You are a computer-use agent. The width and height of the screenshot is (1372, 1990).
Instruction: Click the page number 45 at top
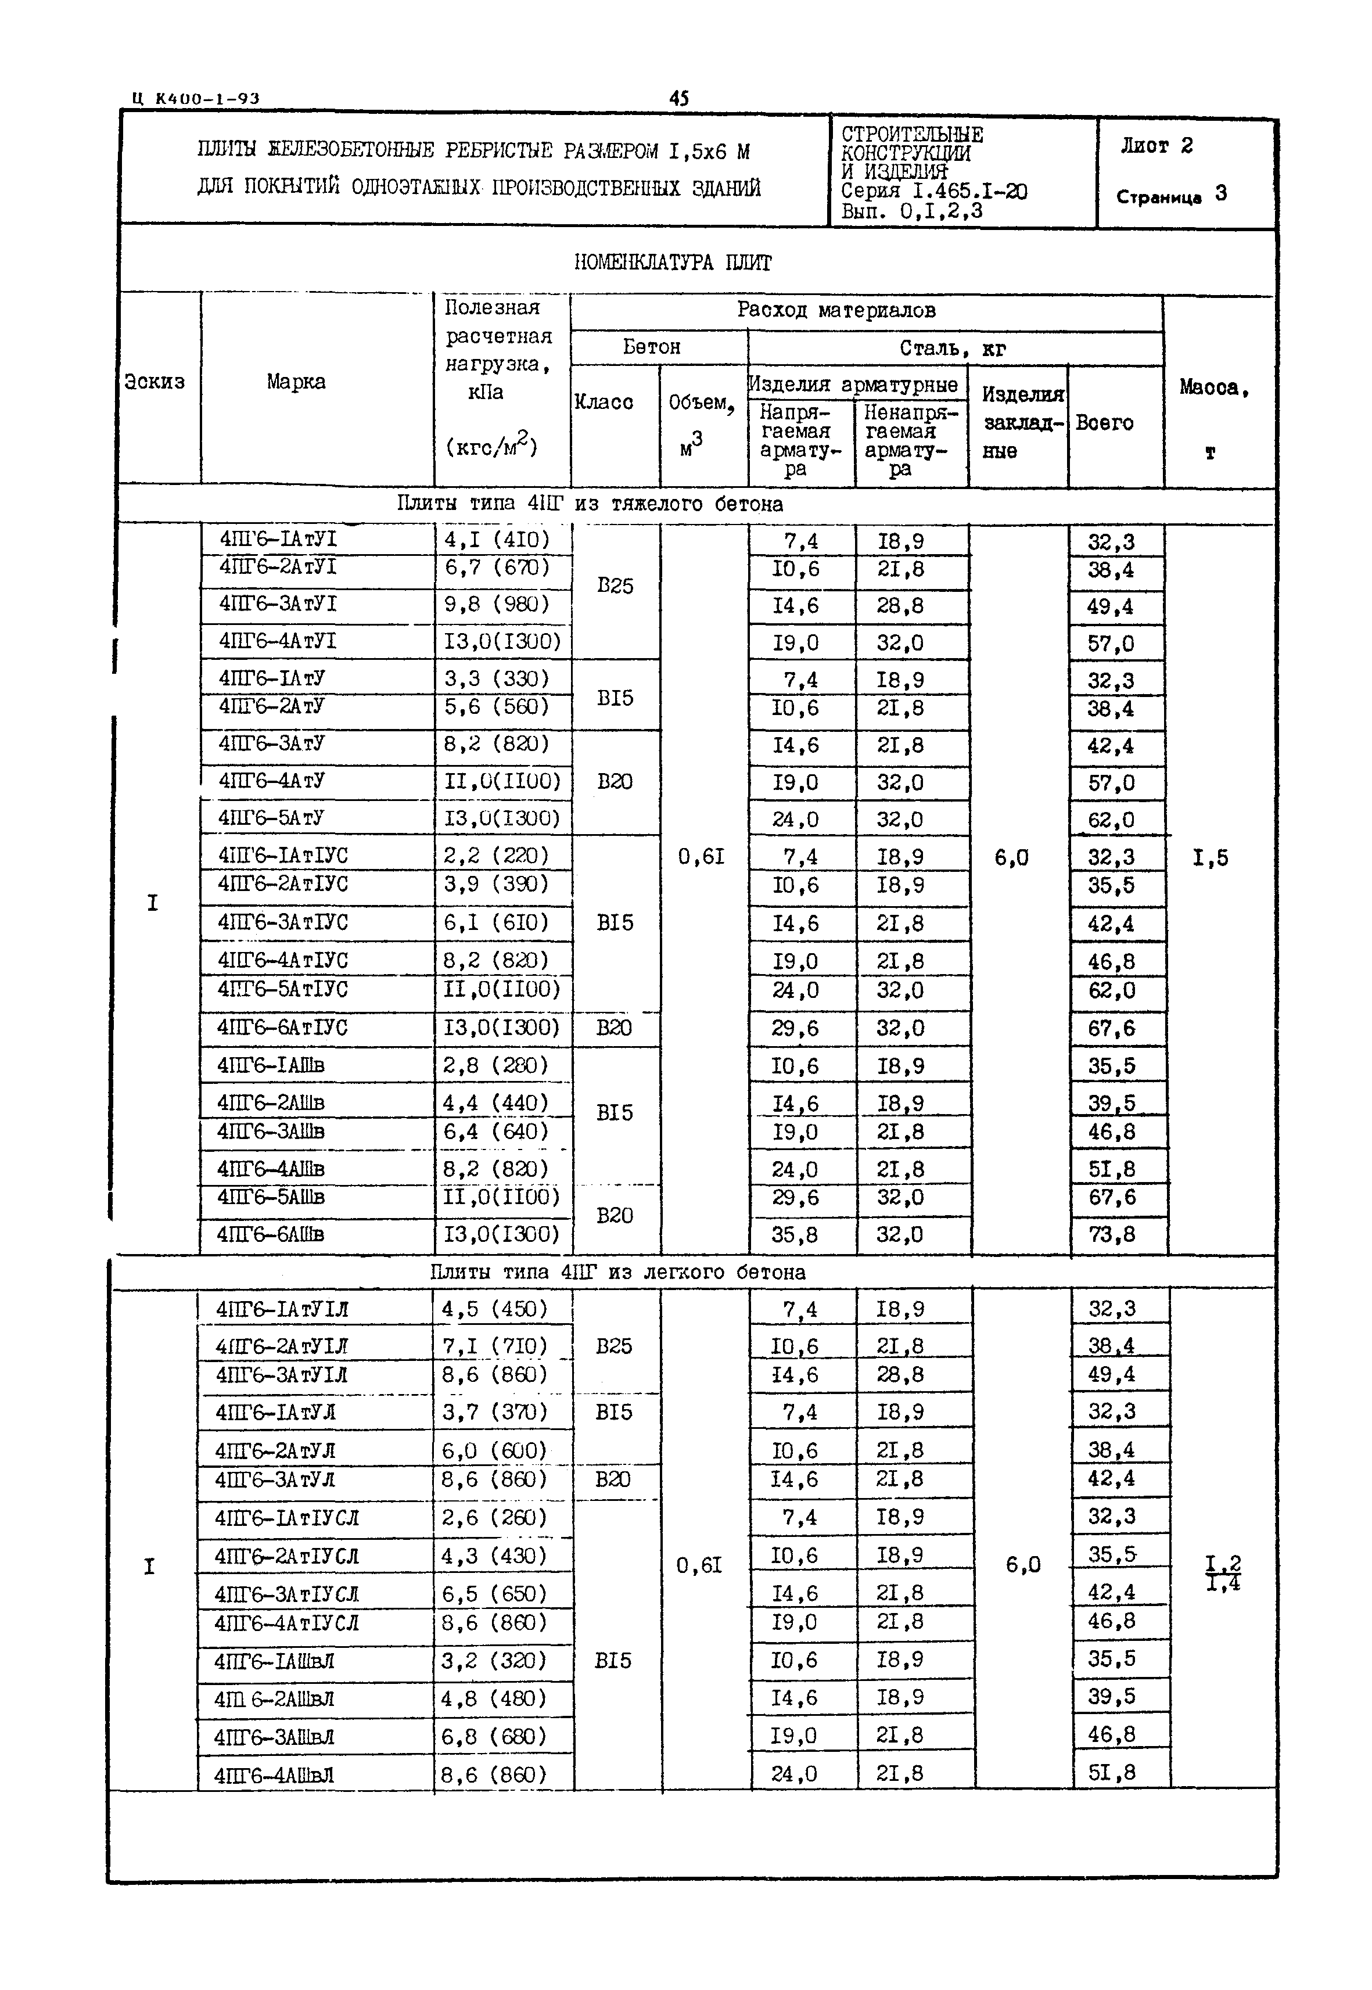tap(678, 98)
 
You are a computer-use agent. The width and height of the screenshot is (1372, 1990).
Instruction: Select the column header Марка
tap(296, 382)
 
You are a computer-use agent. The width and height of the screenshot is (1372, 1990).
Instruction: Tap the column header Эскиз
tap(155, 382)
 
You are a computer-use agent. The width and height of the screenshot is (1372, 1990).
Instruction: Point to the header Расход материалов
tap(836, 310)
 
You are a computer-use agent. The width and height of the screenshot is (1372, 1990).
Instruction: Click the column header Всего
tap(1105, 423)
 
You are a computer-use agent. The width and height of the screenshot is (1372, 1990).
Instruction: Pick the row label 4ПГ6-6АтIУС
tap(283, 1028)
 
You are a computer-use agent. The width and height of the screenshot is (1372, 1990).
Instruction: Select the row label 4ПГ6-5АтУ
tap(272, 817)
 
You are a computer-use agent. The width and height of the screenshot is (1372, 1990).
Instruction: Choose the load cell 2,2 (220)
tap(497, 856)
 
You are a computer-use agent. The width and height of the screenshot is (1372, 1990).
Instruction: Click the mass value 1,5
tap(1211, 858)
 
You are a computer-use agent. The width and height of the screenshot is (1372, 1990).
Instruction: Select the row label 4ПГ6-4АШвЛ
tap(274, 1775)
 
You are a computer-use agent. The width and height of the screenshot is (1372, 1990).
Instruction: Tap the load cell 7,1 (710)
tap(494, 1346)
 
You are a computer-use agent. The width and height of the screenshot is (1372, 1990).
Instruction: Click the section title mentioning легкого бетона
tap(617, 1272)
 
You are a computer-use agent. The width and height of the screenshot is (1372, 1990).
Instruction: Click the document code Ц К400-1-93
tap(196, 99)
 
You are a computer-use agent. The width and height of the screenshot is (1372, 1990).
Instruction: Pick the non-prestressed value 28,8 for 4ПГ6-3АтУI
tap(900, 605)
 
